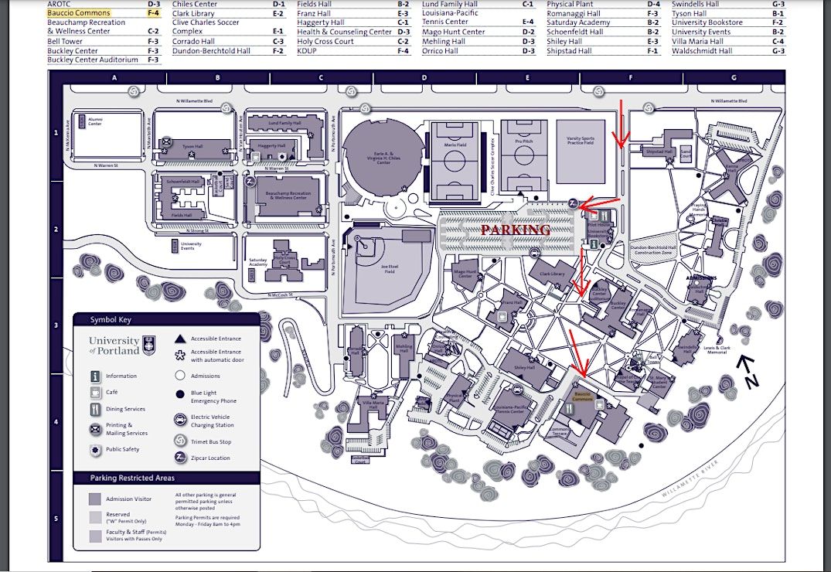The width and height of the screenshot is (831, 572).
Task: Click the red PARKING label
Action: click(x=516, y=230)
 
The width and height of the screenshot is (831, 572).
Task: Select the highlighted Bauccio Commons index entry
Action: click(x=79, y=13)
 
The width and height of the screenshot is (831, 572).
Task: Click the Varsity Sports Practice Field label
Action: click(x=580, y=141)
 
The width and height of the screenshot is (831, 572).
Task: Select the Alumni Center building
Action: click(x=96, y=121)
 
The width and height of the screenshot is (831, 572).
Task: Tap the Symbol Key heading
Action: click(x=111, y=319)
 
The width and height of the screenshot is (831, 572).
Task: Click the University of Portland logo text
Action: click(x=114, y=346)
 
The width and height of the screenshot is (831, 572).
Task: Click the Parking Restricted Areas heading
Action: click(x=132, y=478)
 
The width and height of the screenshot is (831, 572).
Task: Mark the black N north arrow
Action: click(x=747, y=369)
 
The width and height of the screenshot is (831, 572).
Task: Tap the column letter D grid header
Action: click(x=424, y=78)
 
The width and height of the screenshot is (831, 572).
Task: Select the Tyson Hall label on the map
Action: click(x=191, y=145)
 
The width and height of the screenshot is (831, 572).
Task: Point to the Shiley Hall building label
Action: click(x=524, y=368)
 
